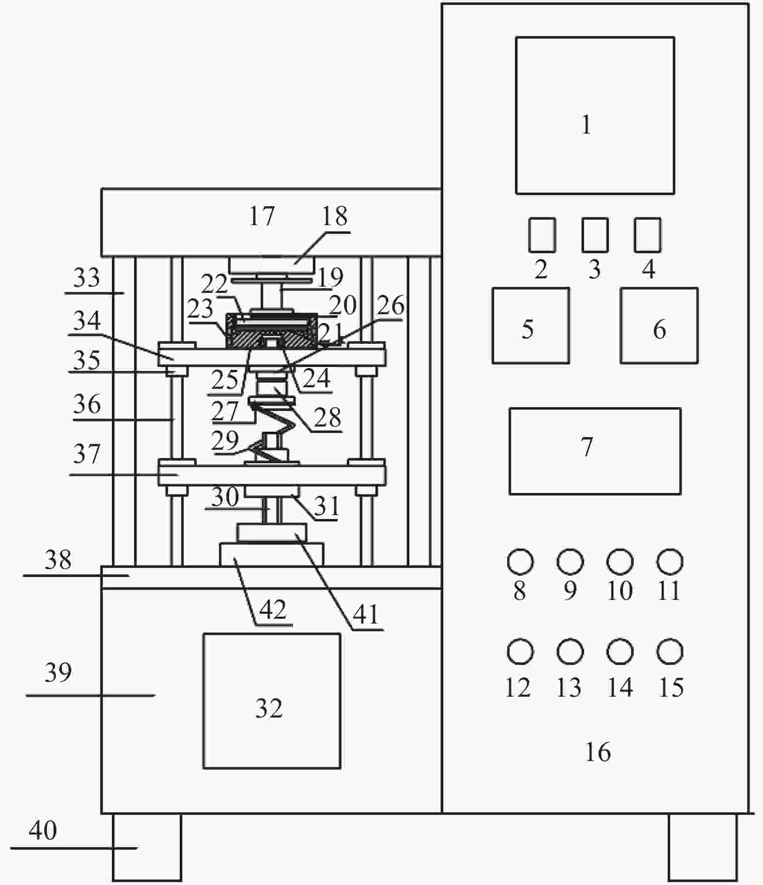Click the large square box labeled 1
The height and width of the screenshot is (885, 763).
pos(595,115)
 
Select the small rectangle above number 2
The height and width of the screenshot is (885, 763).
pos(542,235)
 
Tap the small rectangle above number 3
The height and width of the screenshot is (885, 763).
pos(594,235)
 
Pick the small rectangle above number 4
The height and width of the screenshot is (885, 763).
pos(647,235)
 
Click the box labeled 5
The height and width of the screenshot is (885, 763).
pos(530,325)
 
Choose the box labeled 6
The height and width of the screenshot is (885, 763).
pos(659,325)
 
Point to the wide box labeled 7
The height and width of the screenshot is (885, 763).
pos(595,451)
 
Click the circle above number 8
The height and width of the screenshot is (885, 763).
pos(520,562)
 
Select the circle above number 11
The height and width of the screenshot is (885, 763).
pos(670,562)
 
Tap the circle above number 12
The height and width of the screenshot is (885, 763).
pos(520,652)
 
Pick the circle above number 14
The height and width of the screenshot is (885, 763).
pos(620,652)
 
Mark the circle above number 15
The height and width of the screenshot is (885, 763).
pos(670,652)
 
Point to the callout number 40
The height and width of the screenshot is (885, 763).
pos(43,830)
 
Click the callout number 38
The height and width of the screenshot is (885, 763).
pos(58,560)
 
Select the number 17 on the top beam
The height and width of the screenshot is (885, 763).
pos(262,216)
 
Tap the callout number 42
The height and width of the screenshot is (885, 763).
pos(272,610)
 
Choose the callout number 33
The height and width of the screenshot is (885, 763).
pos(86,277)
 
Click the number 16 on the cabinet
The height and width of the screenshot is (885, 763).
pos(598,752)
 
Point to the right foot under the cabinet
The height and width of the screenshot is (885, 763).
pos(702,847)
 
